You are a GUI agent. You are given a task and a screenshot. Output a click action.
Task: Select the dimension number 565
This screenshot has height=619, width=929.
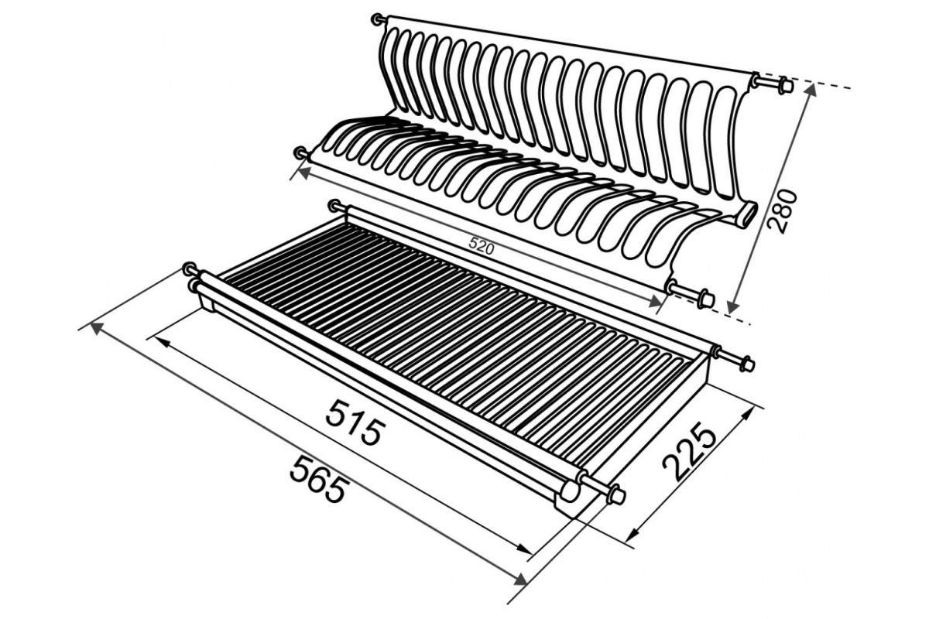coord(317,478)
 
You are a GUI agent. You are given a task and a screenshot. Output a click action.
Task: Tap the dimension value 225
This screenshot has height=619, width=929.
coord(689,452)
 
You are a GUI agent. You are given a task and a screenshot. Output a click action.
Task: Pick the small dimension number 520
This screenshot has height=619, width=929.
coord(481,248)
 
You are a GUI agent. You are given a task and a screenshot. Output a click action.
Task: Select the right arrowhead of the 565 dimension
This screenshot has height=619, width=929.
coord(521,579)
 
